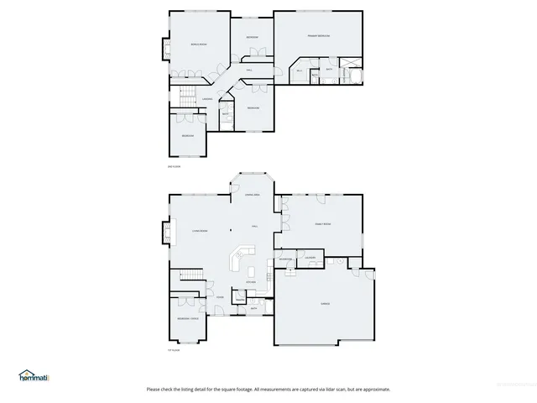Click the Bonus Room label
[198, 44]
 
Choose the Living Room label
[199, 230]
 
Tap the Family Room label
[323, 225]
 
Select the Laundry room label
[310, 258]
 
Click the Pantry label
[240, 301]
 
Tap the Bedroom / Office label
[187, 319]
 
